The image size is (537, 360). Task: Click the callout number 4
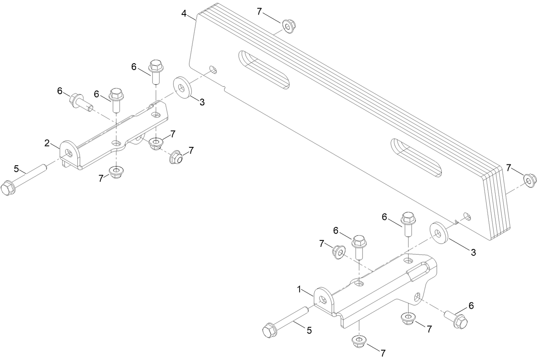tap(184, 14)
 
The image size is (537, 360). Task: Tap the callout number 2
tap(47, 143)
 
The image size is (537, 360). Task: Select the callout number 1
tap(300, 290)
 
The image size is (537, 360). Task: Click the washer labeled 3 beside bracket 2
tap(182, 88)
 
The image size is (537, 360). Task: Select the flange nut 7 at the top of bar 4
tap(288, 28)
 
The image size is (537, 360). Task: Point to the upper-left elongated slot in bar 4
tap(264, 70)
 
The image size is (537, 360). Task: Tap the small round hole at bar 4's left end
tap(213, 69)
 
